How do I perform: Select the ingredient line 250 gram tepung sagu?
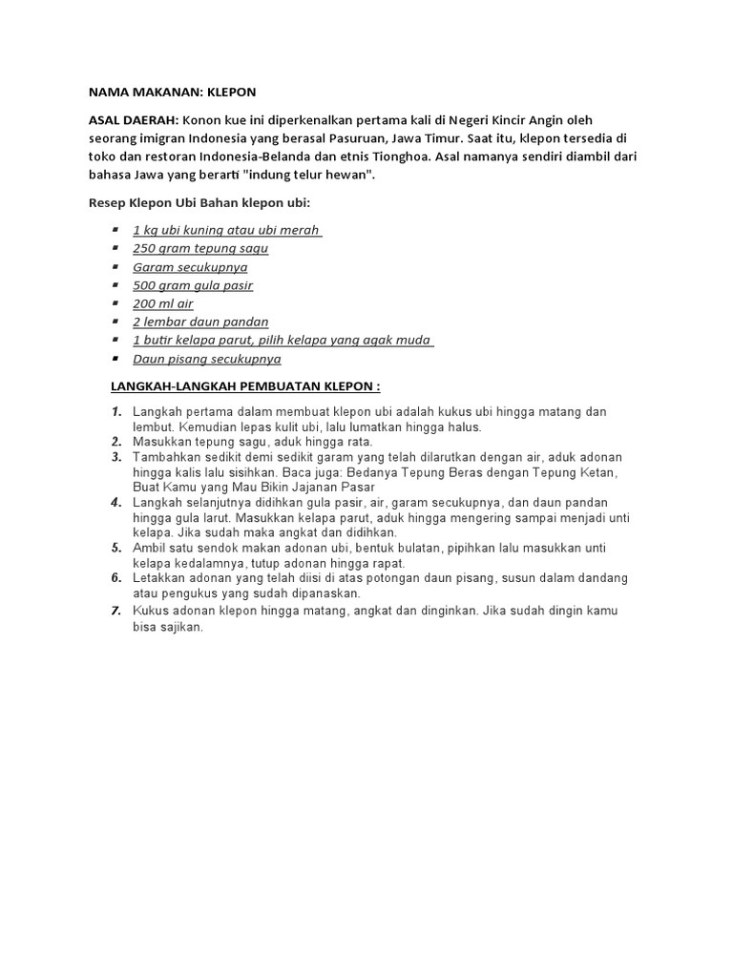click(200, 248)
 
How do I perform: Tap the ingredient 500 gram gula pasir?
click(193, 285)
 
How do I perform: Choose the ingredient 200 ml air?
click(163, 303)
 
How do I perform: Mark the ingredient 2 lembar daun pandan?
click(200, 322)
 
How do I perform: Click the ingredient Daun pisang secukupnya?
click(207, 360)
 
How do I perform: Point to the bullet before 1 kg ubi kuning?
click(115, 230)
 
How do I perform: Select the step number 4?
click(115, 503)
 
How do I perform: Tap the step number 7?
click(115, 611)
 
